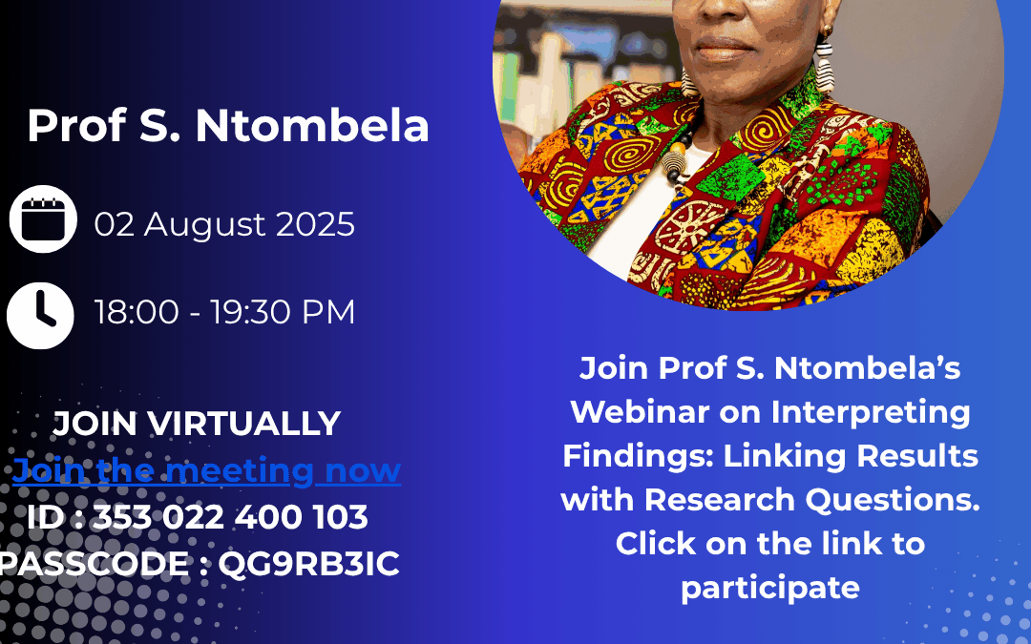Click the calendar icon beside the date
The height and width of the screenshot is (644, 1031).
43,218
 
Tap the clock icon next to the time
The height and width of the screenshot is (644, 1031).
40,316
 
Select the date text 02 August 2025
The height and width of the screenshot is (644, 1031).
224,224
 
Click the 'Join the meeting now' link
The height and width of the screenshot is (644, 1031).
206,470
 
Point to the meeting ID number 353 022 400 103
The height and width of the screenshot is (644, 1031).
229,517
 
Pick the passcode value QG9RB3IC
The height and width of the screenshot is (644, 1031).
308,564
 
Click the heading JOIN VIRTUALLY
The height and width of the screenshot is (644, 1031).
197,424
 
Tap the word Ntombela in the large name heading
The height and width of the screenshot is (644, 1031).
312,126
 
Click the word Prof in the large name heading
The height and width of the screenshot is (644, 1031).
76,126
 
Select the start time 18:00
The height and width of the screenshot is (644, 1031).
137,311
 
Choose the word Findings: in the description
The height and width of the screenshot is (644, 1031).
638,456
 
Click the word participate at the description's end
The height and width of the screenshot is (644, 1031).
770,588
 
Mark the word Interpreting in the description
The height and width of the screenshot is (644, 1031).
871,413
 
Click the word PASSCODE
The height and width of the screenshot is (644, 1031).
94,564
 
